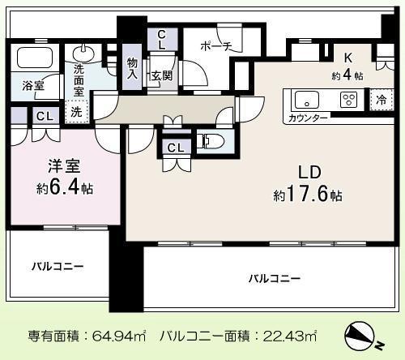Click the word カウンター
(309, 118)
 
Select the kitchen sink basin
(307, 101)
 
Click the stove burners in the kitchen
(349, 101)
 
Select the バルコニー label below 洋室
(58, 265)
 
